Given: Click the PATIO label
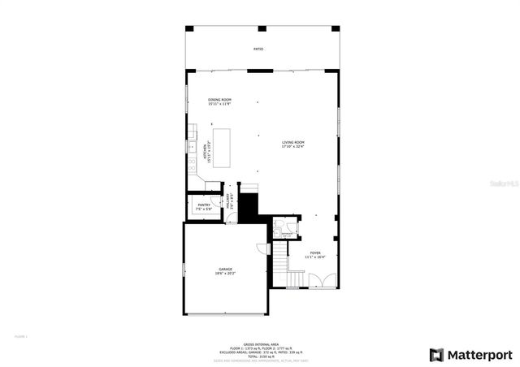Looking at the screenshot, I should [258, 50].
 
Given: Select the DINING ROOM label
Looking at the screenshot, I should [219, 100].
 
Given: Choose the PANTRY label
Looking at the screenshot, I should [204, 205].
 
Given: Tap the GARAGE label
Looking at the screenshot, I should [224, 269].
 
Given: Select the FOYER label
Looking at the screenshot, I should [314, 253].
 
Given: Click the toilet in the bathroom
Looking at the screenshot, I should [278, 223].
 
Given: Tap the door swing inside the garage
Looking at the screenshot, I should [262, 248].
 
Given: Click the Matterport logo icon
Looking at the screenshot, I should [436, 355].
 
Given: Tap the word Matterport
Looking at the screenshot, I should [481, 355].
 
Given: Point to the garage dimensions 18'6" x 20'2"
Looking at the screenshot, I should [224, 274].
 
